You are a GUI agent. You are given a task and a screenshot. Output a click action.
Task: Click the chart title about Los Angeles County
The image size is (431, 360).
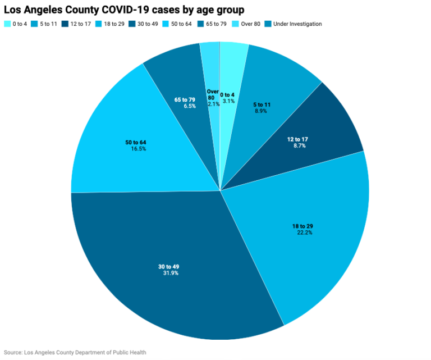coord(124,10)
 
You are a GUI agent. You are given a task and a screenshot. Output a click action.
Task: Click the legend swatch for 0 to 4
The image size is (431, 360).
coord(7,24)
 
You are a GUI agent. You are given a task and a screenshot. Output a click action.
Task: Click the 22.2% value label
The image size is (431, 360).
coord(302,233)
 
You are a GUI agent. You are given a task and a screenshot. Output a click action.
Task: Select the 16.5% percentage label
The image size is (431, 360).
coord(136,150)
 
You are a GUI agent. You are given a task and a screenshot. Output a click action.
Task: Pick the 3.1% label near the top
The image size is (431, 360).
coord(228,102)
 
